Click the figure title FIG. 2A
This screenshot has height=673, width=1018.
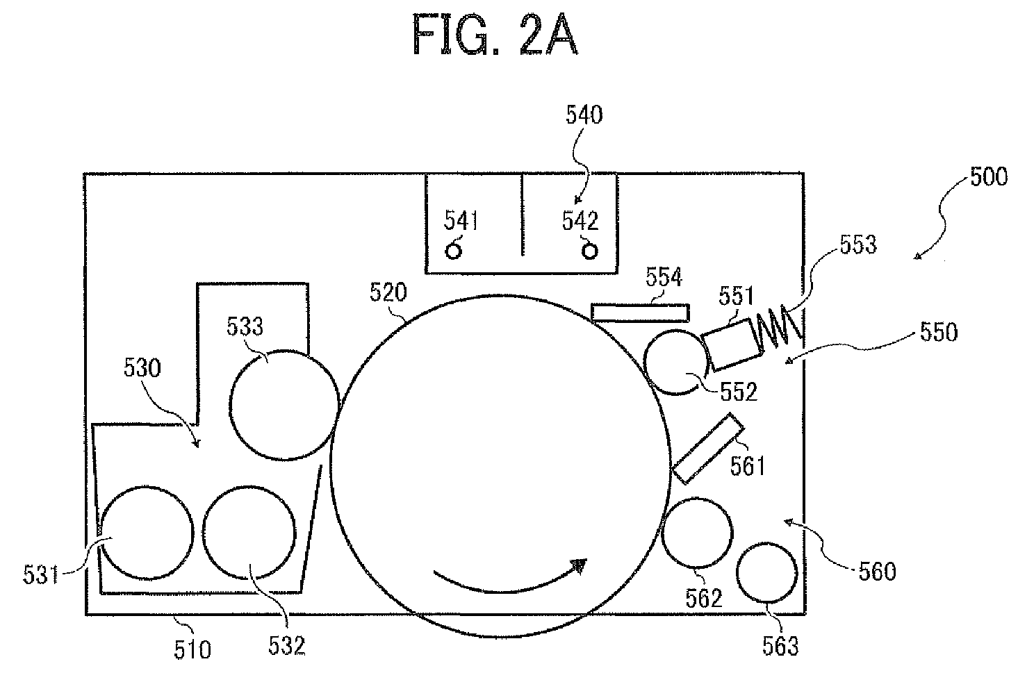point(495,35)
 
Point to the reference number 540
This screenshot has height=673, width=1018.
point(584,115)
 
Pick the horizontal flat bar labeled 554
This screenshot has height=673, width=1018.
point(641,313)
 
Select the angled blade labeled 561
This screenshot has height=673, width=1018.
point(708,448)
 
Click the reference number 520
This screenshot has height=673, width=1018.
point(388,292)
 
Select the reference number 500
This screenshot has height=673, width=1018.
point(989,176)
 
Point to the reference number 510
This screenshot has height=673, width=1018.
point(192,649)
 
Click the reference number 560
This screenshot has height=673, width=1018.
point(877,572)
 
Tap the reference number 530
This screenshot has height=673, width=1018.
point(142,368)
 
